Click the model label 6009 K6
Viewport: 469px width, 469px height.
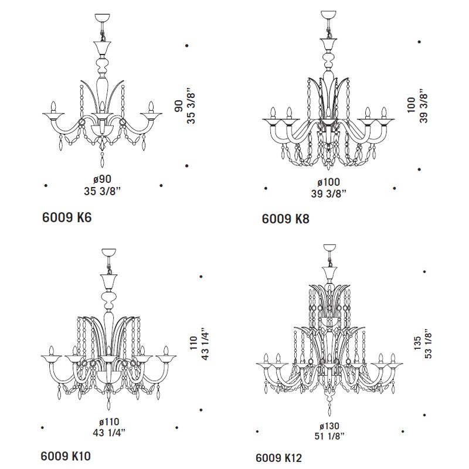pyautogui.click(x=67, y=217)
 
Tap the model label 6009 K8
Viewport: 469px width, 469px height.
pyautogui.click(x=286, y=219)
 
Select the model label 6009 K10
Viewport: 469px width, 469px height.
pyautogui.click(x=66, y=456)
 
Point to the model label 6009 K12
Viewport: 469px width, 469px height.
pyautogui.click(x=279, y=458)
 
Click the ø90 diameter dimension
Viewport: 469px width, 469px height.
pyautogui.click(x=102, y=179)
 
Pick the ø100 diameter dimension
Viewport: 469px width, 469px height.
pyautogui.click(x=328, y=182)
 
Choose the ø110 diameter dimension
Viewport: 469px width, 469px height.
pyautogui.click(x=109, y=422)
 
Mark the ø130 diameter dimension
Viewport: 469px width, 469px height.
pyautogui.click(x=329, y=426)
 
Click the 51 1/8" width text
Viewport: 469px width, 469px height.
pyautogui.click(x=329, y=436)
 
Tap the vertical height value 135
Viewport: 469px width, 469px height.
pyautogui.click(x=417, y=344)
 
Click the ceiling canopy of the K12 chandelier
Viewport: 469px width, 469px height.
pyautogui.click(x=329, y=248)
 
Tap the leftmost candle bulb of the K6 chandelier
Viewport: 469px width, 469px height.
pyautogui.click(x=54, y=107)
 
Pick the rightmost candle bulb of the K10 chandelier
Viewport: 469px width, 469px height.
pyautogui.click(x=166, y=351)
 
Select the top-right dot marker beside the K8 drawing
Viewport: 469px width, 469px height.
pyautogui.click(x=419, y=42)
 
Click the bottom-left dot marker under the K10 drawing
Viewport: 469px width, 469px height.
pyautogui.click(x=42, y=428)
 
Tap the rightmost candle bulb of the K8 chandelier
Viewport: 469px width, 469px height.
pyautogui.click(x=384, y=113)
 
